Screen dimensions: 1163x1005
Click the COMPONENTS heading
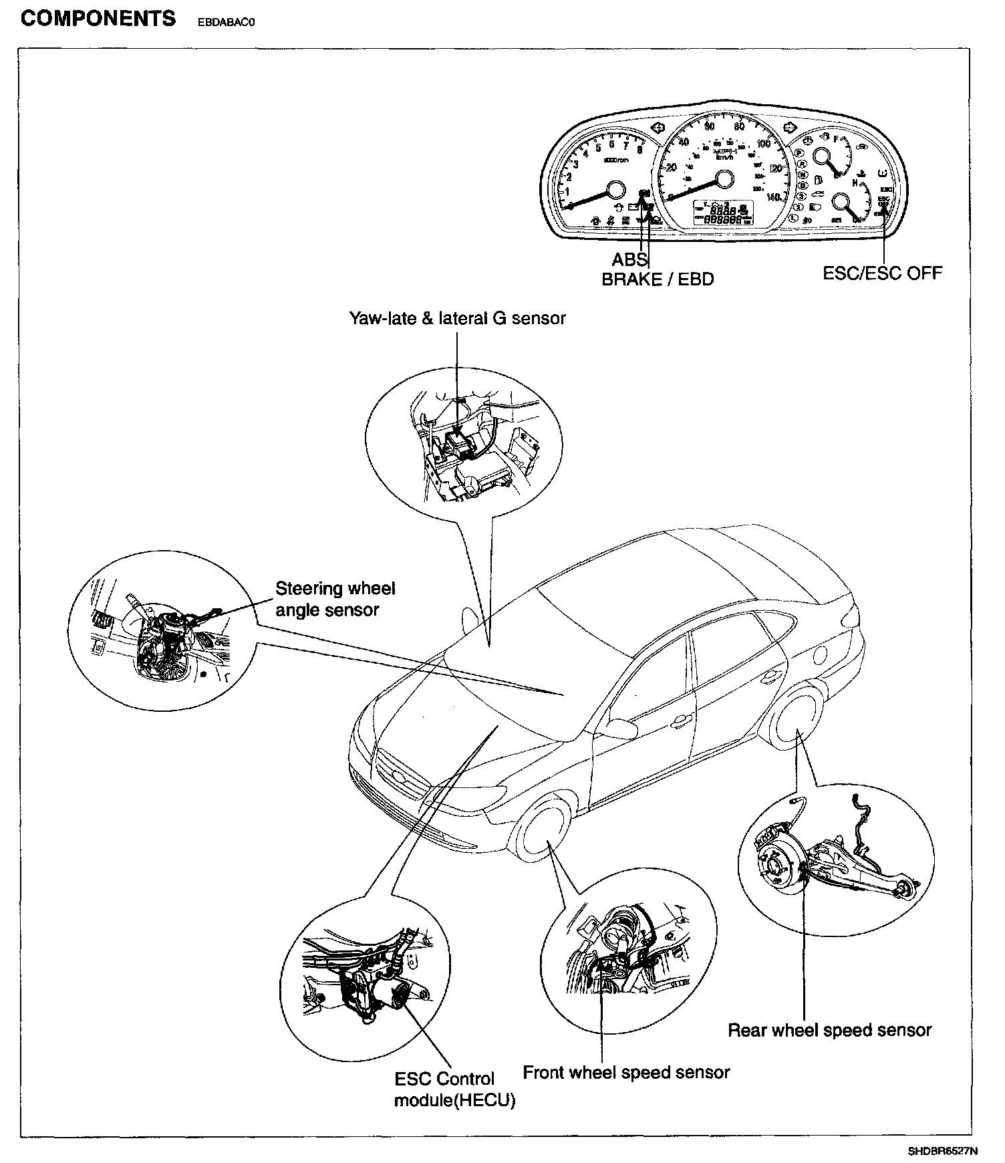click(x=98, y=18)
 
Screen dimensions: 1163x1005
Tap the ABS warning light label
click(x=629, y=259)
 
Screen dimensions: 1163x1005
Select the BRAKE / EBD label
click(x=658, y=279)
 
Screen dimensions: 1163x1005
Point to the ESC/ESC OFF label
click(x=882, y=273)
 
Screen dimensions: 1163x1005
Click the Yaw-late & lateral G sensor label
click(x=457, y=318)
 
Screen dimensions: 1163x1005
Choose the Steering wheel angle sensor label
click(x=335, y=599)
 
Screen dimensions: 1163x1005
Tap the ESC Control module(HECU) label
click(x=454, y=1089)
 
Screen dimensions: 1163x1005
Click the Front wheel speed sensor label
click(x=626, y=1073)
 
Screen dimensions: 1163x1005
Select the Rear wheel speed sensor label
click(x=829, y=1030)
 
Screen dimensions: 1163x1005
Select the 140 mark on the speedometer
click(x=774, y=197)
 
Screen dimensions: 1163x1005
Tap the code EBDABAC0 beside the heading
click(x=227, y=21)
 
